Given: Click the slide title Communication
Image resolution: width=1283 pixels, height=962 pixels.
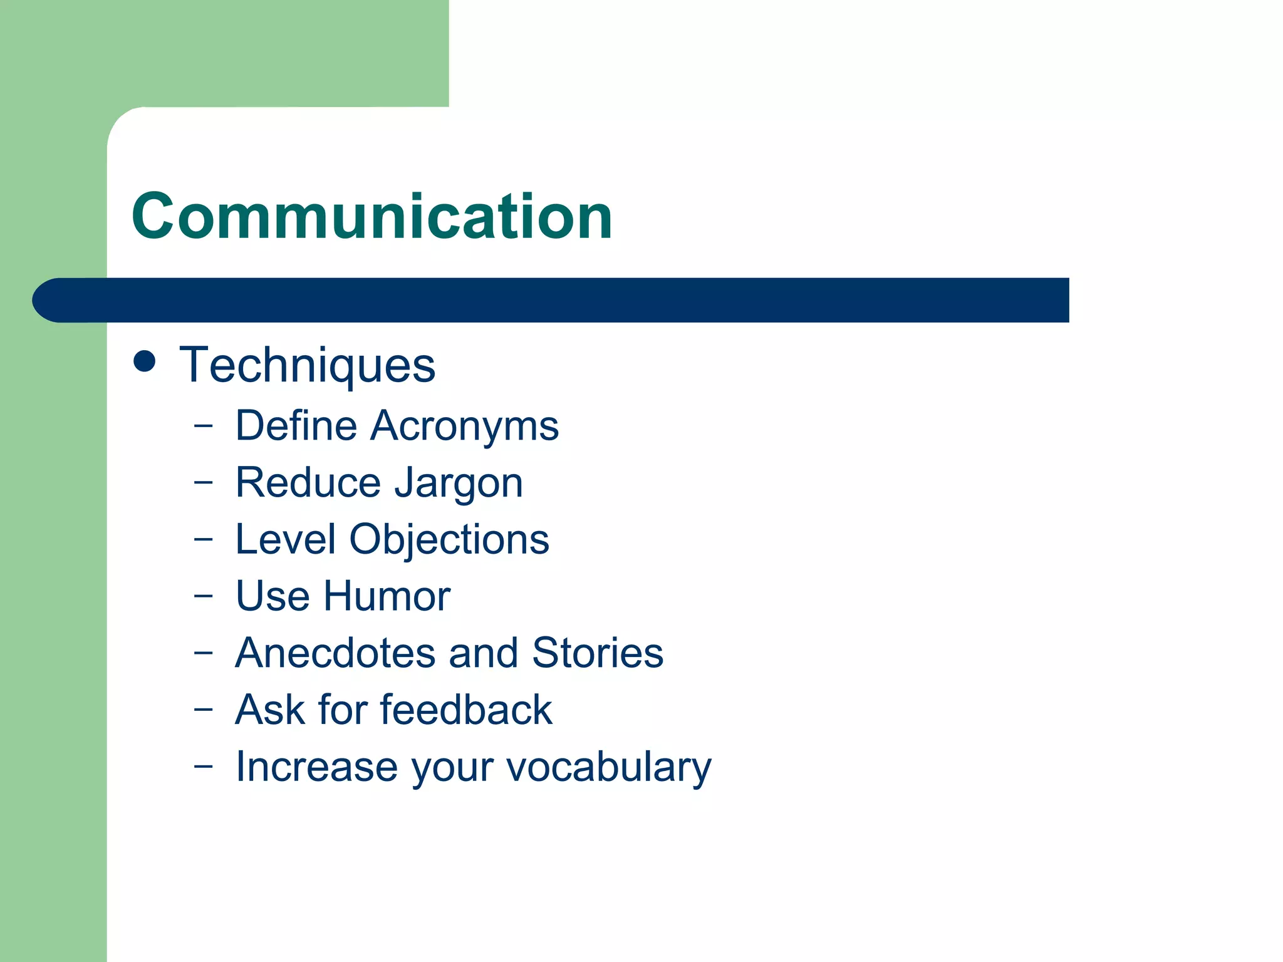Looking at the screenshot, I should click(x=371, y=216).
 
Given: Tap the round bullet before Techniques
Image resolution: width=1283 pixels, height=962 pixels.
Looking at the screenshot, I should click(x=145, y=362).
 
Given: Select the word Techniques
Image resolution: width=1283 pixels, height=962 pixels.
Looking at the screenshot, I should click(x=307, y=365).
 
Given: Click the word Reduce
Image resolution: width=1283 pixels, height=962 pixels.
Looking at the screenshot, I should click(x=308, y=483).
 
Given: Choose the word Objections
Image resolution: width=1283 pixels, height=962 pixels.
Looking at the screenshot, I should click(x=449, y=540).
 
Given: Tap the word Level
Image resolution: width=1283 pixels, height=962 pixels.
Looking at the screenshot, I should click(x=286, y=539).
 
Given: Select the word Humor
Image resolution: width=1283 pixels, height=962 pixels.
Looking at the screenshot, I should click(x=387, y=596).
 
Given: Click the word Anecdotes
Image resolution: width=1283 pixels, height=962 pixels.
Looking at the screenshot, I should click(x=335, y=653).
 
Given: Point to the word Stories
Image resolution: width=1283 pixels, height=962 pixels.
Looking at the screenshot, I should click(x=597, y=653).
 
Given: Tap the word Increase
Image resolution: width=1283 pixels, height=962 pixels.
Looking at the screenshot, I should click(x=316, y=767).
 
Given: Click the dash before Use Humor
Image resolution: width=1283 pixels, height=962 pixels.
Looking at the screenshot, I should click(x=203, y=596).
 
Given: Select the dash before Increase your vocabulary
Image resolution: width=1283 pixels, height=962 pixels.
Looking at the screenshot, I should click(x=203, y=766).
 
